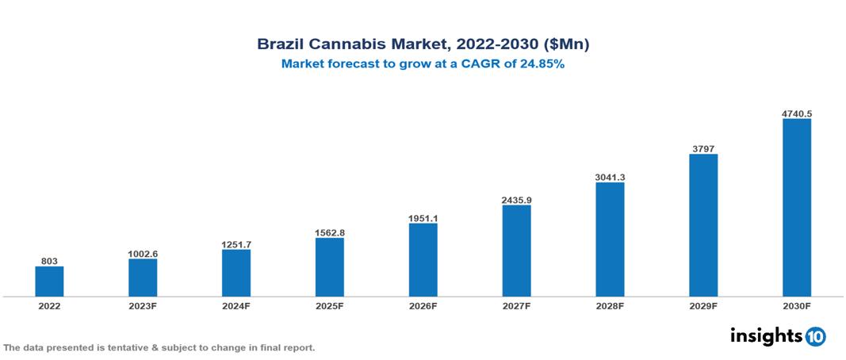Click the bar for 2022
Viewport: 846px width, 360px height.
pos(49,281)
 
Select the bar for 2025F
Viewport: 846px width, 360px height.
pos(329,267)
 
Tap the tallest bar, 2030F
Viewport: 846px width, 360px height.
pos(796,208)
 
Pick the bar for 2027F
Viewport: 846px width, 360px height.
pos(516,251)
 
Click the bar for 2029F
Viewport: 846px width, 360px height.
pos(702,225)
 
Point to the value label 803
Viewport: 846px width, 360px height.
pos(49,261)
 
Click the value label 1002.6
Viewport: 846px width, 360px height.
pos(143,254)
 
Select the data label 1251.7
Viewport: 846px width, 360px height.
pos(236,244)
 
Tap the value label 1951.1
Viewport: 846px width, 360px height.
pos(423,218)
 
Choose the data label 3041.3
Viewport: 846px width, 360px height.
pos(610,177)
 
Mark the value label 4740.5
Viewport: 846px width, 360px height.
pos(796,113)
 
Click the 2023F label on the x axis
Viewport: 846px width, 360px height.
pos(143,305)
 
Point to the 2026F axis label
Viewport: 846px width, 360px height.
pos(423,305)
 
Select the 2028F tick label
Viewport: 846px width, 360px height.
pos(610,305)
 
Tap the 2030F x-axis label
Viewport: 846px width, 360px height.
pos(796,305)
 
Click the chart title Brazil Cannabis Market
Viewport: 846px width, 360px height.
pos(423,45)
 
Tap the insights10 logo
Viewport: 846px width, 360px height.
pos(777,336)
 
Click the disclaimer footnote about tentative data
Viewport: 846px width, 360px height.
pos(159,347)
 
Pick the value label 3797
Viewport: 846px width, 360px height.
pos(702,148)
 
